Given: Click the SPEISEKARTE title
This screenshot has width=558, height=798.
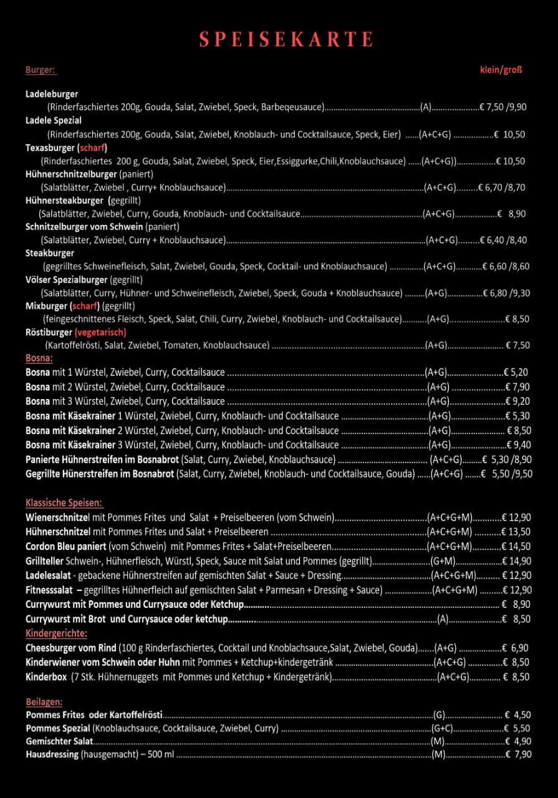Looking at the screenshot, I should [286, 40].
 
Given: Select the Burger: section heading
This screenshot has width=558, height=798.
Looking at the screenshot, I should [41, 70].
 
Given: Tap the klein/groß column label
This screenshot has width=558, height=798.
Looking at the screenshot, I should [501, 70].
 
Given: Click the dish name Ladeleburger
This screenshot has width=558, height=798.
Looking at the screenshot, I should [52, 94].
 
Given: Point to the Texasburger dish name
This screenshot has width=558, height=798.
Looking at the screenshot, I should [50, 148].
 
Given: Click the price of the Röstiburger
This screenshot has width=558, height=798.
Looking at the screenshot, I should [517, 345].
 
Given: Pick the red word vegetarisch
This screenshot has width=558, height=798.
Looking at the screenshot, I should [100, 332].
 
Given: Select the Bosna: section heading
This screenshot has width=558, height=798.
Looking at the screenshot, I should [39, 358].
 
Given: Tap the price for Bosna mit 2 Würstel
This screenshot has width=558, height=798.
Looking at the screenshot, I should [517, 387].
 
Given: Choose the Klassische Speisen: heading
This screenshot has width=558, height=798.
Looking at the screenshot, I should [64, 502].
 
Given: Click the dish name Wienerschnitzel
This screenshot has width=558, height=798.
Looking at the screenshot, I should [58, 517].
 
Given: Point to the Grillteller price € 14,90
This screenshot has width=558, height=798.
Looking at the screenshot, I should [517, 560].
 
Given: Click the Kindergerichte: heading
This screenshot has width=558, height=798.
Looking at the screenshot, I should [56, 633].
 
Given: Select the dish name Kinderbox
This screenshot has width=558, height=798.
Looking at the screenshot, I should [46, 676].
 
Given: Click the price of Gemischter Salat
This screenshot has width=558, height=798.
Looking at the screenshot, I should [517, 741].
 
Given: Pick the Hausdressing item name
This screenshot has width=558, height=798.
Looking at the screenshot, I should [52, 754].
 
